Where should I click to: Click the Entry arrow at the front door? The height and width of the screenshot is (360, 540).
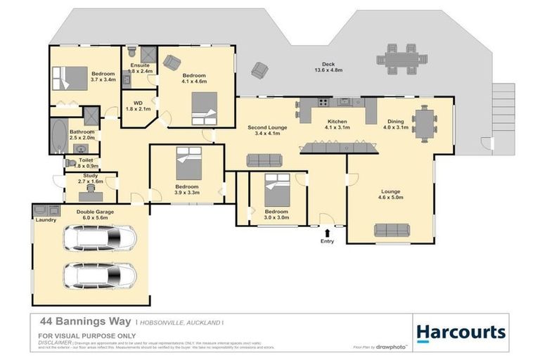coord(328,231)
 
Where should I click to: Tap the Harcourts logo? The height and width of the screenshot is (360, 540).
coord(461,333)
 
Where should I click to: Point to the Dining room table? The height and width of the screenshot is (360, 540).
coord(424,123)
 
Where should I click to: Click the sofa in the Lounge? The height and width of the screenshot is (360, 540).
coord(392,229)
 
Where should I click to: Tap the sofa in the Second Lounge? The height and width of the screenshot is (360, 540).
coord(264,160)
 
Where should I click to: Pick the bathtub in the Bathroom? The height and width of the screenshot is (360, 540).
coord(57,136)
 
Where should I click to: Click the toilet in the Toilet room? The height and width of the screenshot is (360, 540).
coord(72,162)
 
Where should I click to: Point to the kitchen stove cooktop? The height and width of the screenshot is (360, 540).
coord(323,103)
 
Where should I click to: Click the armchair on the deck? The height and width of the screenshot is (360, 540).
coord(259,70)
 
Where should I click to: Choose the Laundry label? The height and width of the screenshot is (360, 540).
coord(46,219)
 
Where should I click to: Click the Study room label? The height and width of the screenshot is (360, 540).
coord(89,176)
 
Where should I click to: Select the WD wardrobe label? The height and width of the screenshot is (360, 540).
coord(138,103)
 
